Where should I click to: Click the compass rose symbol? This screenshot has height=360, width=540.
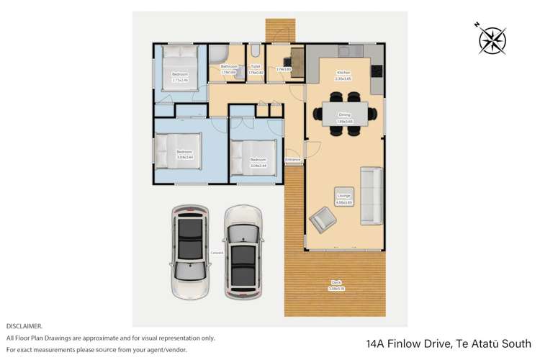[493, 40]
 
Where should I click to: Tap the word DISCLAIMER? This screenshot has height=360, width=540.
[24, 326]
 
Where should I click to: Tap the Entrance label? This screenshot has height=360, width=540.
[292, 159]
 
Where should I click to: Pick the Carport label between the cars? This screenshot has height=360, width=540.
[216, 252]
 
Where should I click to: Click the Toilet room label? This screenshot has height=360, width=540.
[256, 67]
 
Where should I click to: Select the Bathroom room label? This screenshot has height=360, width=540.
[229, 67]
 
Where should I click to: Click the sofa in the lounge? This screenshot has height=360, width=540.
[371, 194]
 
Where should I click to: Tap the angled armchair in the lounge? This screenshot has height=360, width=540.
[322, 218]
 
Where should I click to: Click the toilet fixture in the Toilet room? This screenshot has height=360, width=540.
[256, 51]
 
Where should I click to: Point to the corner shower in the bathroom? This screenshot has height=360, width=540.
[218, 54]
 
